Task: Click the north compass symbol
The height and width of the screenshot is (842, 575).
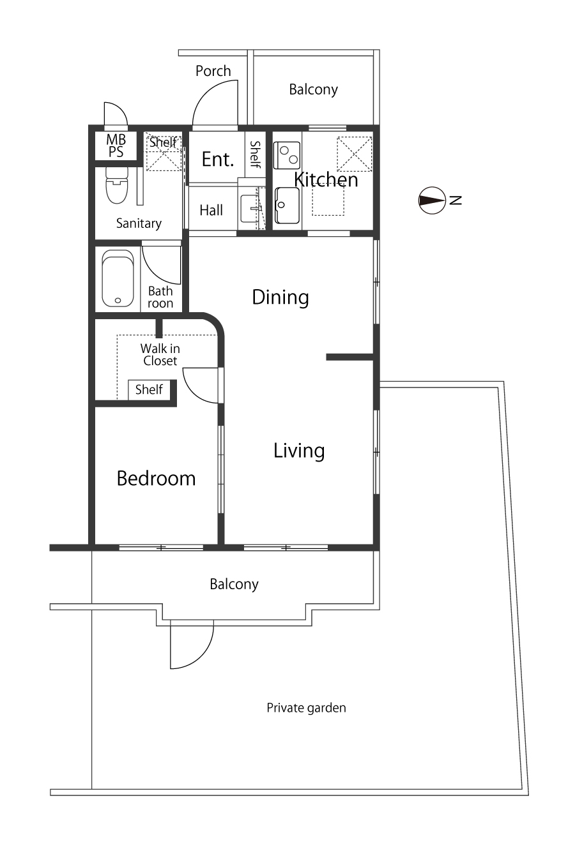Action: pos(433,200)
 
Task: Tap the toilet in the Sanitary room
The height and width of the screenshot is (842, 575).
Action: pos(117,185)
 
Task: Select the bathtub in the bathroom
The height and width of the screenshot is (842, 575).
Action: pos(118,278)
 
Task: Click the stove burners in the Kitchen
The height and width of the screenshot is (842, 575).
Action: pos(287,155)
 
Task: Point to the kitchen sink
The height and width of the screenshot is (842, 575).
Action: pos(287,206)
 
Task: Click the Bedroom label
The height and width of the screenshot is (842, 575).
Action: pos(156,479)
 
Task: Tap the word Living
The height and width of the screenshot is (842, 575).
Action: pos(299,451)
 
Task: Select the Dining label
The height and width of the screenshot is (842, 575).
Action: pos(280,297)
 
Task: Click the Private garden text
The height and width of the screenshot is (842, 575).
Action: pos(306,708)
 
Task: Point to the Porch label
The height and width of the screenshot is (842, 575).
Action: pos(213,71)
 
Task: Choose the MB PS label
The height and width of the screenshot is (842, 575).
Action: pos(116,146)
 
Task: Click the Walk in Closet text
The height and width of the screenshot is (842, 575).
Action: pos(160,355)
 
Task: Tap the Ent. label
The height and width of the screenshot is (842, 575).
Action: pos(218,160)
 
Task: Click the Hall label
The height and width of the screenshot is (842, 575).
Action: pos(211,210)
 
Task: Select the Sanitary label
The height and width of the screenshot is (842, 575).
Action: pos(139,223)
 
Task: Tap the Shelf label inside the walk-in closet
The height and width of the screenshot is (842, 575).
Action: pos(149,389)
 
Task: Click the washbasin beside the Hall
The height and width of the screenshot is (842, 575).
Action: pos(250,208)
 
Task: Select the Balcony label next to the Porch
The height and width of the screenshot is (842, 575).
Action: pos(314,90)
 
